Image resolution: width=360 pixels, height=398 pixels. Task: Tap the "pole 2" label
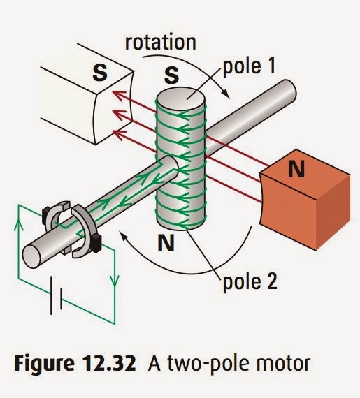(250, 282)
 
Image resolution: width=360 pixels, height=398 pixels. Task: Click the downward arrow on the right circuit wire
(114, 280)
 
